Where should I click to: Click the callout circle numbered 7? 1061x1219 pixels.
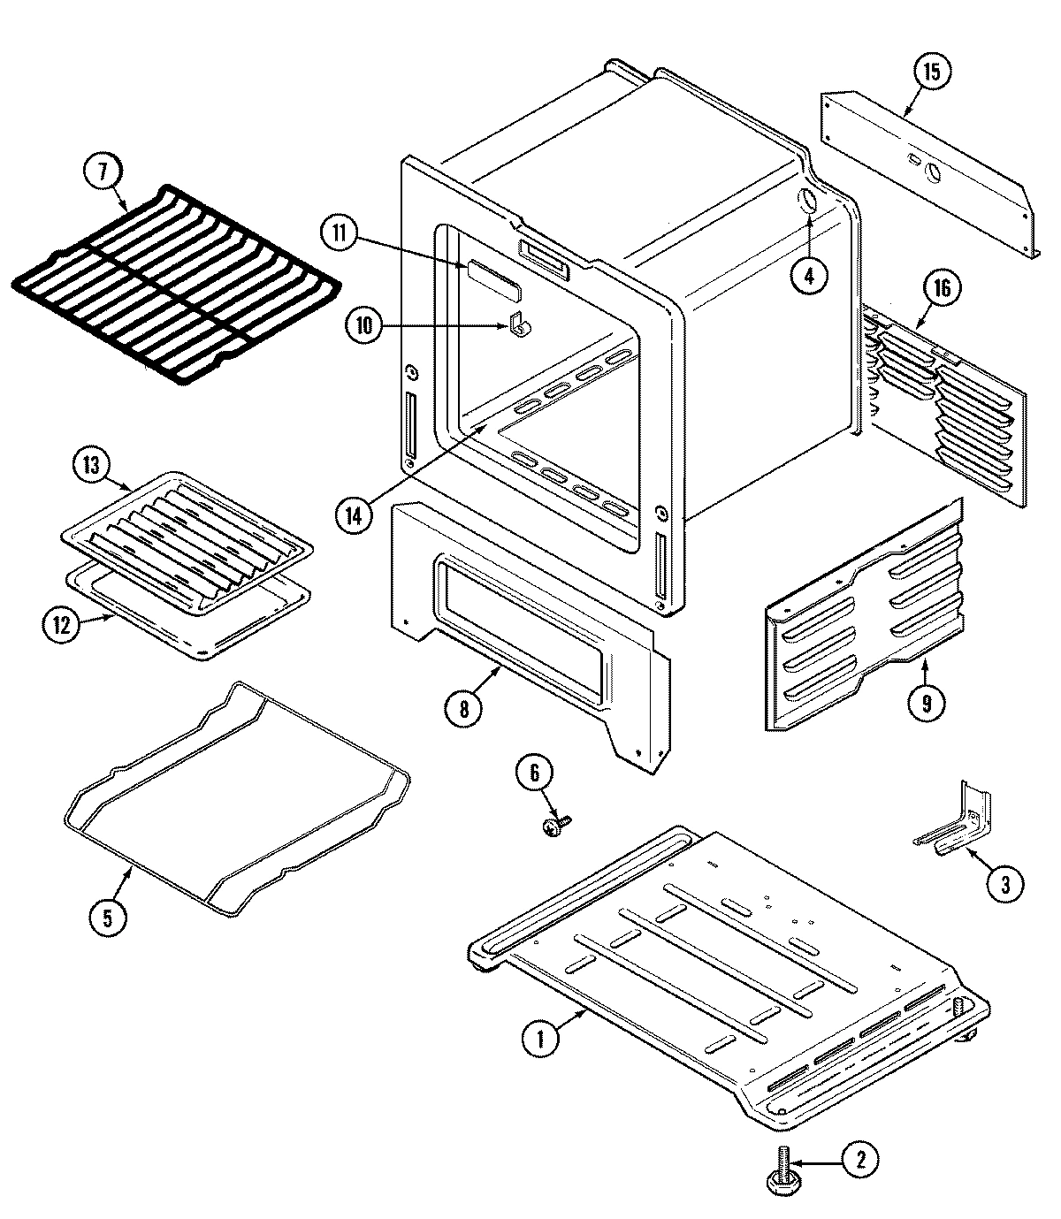pyautogui.click(x=103, y=173)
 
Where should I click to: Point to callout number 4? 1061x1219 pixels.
pyautogui.click(x=809, y=274)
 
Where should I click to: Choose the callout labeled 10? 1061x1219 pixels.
pyautogui.click(x=364, y=325)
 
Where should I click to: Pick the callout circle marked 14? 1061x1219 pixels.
pyautogui.click(x=355, y=515)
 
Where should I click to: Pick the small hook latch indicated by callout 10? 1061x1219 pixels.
pyautogui.click(x=520, y=325)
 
